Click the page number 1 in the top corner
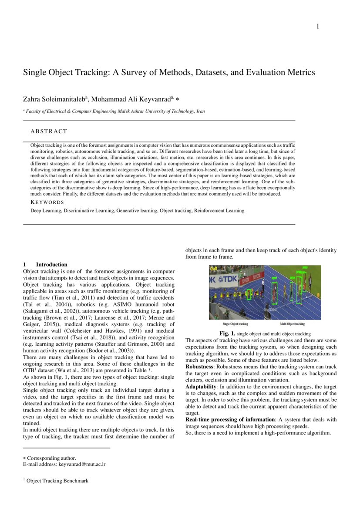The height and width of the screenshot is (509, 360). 317,27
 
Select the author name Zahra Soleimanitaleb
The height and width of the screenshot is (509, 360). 55,99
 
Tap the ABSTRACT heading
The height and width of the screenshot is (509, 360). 49,131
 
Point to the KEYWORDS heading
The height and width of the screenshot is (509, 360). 47,202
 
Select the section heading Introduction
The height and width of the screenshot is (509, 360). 51,264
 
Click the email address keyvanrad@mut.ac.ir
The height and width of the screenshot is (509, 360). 82,464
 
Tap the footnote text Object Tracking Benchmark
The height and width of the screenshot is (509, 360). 57,481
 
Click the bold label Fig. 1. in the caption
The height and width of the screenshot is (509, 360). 227,334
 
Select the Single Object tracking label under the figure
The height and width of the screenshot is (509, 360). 236,324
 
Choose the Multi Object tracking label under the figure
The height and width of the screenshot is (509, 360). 292,324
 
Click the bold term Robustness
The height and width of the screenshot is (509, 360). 202,367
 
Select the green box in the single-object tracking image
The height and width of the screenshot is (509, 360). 249,295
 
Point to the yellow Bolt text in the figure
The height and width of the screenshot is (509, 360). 213,270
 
